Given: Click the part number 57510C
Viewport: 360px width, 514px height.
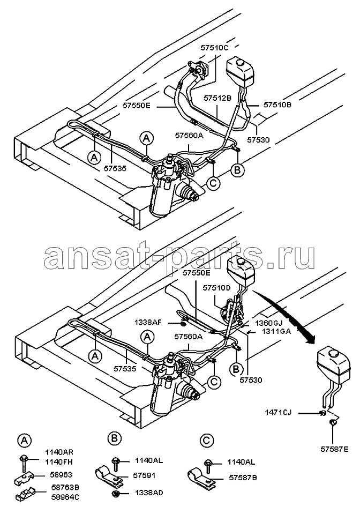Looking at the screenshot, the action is [214, 48].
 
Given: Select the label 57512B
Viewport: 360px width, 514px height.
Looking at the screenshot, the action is [217, 98].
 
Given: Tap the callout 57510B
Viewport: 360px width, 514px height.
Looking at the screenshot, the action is [277, 105].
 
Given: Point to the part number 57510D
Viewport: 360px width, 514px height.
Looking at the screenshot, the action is [216, 288].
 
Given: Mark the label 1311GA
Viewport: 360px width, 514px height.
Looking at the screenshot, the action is [276, 331].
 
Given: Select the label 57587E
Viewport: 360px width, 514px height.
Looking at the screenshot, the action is [334, 449].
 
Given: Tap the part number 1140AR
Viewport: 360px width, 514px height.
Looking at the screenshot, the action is [59, 452].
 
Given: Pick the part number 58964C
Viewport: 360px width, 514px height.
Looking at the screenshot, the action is [65, 497].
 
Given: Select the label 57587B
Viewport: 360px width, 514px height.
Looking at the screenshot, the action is [243, 478].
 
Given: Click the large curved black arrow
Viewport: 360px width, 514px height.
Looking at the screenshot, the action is [288, 314].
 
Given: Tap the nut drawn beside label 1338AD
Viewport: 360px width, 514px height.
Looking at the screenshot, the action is [115, 493].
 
